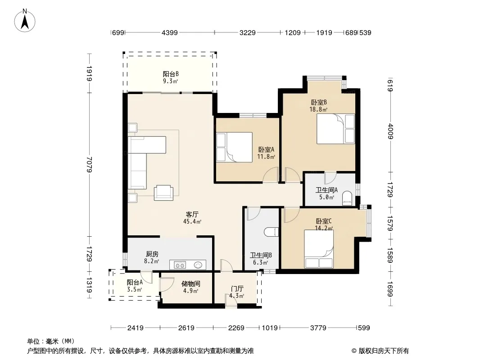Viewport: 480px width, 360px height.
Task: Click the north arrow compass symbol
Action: pyautogui.click(x=25, y=21)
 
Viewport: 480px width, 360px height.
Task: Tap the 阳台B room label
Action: pyautogui.click(x=171, y=74)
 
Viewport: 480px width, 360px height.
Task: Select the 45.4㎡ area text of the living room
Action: pyautogui.click(x=192, y=221)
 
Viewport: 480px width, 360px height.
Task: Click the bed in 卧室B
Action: pyautogui.click(x=335, y=129)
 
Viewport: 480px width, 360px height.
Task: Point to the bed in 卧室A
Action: pyautogui.click(x=234, y=147)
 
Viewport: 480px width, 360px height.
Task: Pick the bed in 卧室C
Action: pyautogui.click(x=319, y=249)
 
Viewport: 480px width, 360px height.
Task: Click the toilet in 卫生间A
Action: pyautogui.click(x=347, y=197)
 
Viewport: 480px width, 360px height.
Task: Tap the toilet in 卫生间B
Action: pyautogui.click(x=271, y=232)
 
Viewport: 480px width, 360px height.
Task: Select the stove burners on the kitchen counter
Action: pyautogui.click(x=180, y=265)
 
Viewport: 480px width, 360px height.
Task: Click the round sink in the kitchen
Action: pyautogui.click(x=198, y=265)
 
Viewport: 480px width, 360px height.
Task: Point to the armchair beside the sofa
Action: pyautogui.click(x=163, y=193)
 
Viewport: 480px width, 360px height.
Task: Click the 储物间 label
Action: pyautogui.click(x=191, y=284)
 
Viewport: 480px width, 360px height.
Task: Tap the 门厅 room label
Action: pyautogui.click(x=237, y=288)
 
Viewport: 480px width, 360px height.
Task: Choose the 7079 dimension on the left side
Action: pyautogui.click(x=89, y=165)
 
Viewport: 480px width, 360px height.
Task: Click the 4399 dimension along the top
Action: pyautogui.click(x=170, y=32)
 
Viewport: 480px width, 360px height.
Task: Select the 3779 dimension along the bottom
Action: pyautogui.click(x=318, y=328)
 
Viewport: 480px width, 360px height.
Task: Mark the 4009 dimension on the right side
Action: pyautogui.click(x=390, y=131)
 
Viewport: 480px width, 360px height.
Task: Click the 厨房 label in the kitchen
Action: pyautogui.click(x=152, y=254)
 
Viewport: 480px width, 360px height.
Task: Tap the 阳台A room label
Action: pyautogui.click(x=135, y=282)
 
